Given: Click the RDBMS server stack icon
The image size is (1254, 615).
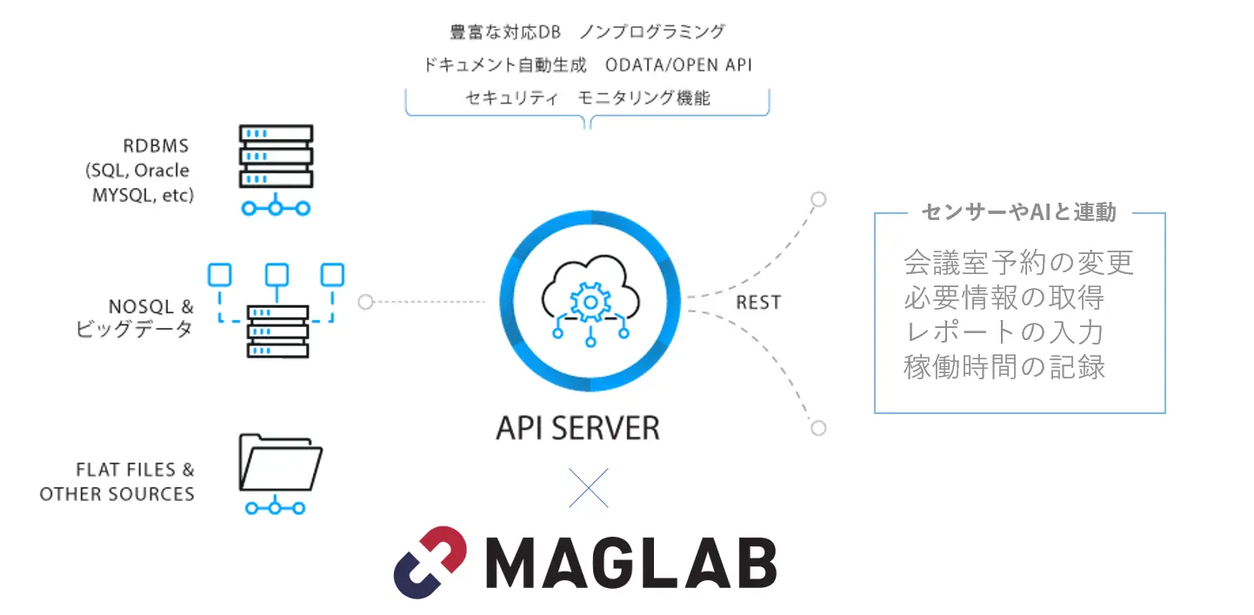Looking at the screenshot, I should [x=276, y=157].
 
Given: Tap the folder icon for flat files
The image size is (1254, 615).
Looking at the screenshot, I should [x=280, y=463].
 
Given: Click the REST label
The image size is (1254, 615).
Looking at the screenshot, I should [x=758, y=303].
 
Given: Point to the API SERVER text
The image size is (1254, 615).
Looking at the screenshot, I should [x=577, y=428].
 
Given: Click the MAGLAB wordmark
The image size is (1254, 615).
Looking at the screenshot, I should [x=630, y=564].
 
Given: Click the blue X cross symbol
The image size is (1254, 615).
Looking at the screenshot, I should [x=589, y=488].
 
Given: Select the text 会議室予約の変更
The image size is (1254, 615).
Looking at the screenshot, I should [x=1018, y=262].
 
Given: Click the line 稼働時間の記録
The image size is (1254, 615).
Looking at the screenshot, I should [x=1004, y=367].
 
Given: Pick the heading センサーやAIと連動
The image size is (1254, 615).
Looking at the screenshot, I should [x=1018, y=212].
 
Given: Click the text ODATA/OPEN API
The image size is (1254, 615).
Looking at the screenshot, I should [x=678, y=64].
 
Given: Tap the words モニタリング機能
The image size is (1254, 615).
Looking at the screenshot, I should [x=644, y=97].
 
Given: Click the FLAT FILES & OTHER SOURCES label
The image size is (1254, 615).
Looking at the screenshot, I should [x=117, y=482].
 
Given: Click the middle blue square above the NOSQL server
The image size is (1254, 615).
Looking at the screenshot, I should [x=277, y=275].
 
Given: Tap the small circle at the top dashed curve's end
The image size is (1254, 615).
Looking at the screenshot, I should [x=817, y=199].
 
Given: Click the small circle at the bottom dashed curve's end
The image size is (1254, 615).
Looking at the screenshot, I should [x=817, y=428].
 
